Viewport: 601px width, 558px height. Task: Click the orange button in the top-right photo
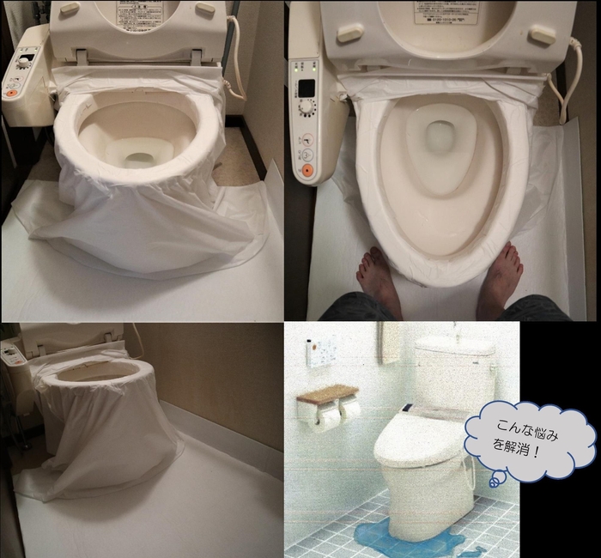(307, 170)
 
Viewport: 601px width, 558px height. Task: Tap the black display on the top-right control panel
(306, 88)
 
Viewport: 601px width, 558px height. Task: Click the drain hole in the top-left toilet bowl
(137, 160)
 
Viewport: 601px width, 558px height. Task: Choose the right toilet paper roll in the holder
(349, 409)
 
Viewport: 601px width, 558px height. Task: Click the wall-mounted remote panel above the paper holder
(321, 351)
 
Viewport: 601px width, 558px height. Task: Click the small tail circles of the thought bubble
(495, 480)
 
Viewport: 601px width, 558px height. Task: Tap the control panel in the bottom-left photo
(12, 354)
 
